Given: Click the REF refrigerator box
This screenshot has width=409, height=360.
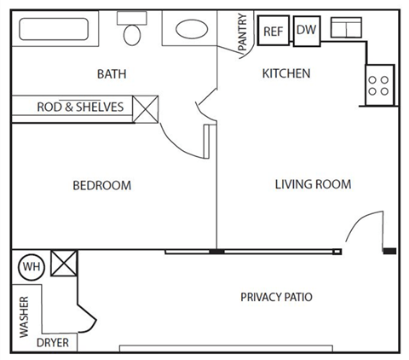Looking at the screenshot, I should (273, 31).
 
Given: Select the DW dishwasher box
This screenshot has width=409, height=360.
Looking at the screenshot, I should (306, 30).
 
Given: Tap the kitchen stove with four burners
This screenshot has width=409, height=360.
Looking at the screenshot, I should (379, 84).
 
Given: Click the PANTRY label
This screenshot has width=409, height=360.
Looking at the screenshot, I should (243, 32).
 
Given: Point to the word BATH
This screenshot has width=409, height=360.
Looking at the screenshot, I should (112, 74).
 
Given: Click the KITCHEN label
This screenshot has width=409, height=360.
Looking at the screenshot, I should (285, 74).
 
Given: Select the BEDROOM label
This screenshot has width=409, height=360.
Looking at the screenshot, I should (101, 185).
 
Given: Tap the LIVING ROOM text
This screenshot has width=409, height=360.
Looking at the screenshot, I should (313, 184).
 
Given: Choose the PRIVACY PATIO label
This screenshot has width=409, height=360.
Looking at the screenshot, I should (276, 298).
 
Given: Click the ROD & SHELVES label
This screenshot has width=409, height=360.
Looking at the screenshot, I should (79, 107).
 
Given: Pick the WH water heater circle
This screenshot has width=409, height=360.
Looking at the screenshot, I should (32, 267).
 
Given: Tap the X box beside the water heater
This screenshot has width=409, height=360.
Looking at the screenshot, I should (64, 264).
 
